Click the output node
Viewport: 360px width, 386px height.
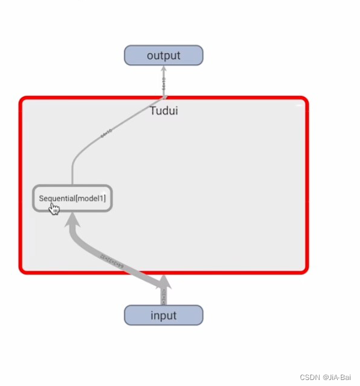tap(163, 56)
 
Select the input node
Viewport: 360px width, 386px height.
tap(163, 315)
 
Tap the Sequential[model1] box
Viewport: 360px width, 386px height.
tap(72, 198)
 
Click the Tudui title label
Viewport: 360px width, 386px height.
tap(163, 110)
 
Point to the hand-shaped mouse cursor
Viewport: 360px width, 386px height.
tap(54, 208)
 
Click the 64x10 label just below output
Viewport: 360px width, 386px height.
tap(163, 84)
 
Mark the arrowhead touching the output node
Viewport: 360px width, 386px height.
tap(163, 68)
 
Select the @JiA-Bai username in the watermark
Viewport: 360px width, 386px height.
tap(337, 378)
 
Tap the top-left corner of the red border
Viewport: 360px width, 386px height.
tap(22, 99)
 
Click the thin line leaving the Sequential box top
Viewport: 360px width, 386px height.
tap(73, 174)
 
